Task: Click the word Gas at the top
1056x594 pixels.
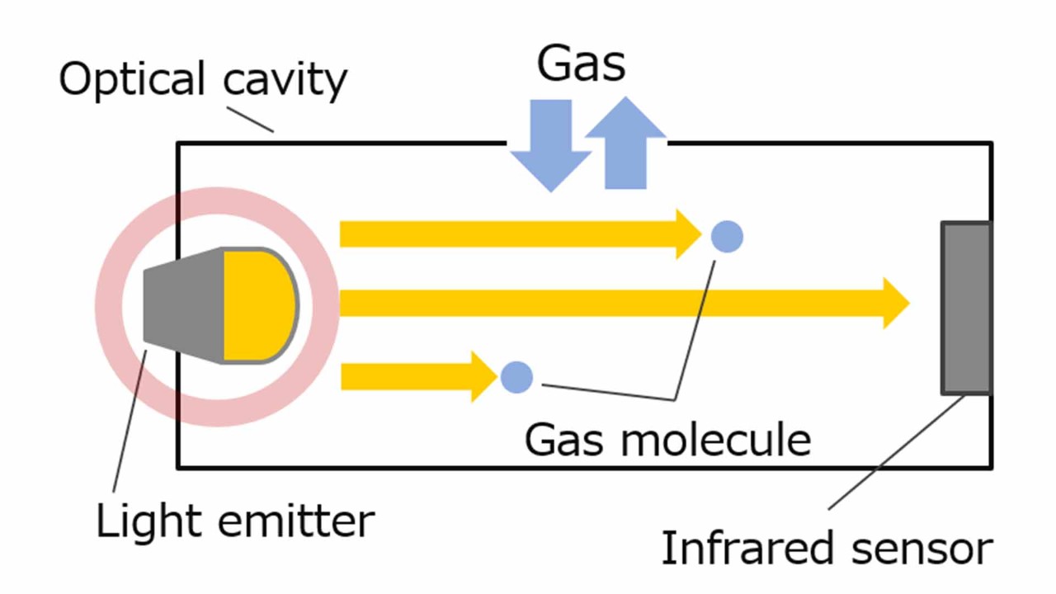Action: pos(581,64)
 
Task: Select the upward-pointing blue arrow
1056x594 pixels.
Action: pos(625,144)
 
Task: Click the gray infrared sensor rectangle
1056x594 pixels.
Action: pos(966,308)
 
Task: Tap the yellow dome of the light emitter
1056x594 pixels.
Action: pos(257,305)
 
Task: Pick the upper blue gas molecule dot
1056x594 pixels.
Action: pos(727,237)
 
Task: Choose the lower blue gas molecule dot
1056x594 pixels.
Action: pos(516,377)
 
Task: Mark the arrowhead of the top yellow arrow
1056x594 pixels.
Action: pos(690,234)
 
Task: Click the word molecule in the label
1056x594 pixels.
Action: pos(715,439)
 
